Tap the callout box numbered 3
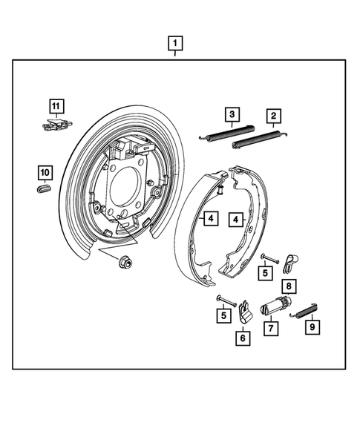[x=233, y=114]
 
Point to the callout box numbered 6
[x=243, y=338]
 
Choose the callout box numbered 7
[x=272, y=328]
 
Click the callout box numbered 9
[x=311, y=326]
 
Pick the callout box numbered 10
[x=45, y=173]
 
